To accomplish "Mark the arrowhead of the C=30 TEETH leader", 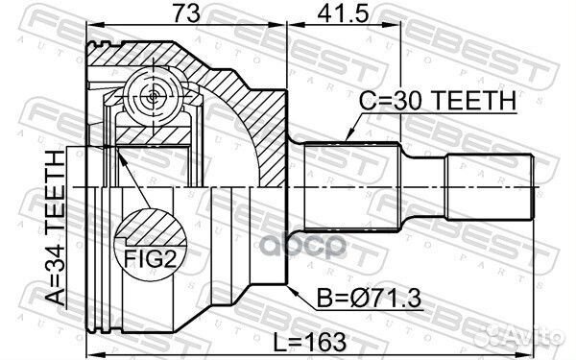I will click(x=343, y=141).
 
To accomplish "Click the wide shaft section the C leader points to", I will click(x=350, y=187).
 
